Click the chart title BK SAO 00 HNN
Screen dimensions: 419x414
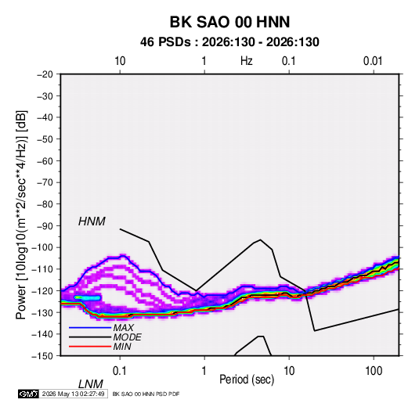tap(229, 22)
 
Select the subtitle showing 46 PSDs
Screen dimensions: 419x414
tap(229, 42)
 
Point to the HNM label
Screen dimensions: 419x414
tap(92, 221)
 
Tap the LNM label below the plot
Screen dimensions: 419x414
tap(90, 384)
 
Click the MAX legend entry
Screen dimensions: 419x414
tap(123, 328)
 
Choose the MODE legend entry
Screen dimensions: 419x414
tap(127, 337)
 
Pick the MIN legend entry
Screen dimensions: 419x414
tap(122, 347)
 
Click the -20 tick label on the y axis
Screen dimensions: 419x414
tap(45, 74)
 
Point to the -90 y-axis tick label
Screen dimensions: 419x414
tap(45, 225)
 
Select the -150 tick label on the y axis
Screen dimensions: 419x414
tap(42, 356)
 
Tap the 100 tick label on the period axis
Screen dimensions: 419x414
tap(374, 371)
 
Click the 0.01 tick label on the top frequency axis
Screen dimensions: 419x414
tap(373, 61)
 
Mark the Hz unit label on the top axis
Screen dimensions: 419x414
tap(247, 61)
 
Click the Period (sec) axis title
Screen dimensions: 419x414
tap(247, 380)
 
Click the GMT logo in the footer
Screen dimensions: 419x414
tap(28, 394)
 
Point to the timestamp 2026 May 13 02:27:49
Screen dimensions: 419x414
tap(73, 394)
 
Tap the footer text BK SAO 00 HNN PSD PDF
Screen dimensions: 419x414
tap(146, 394)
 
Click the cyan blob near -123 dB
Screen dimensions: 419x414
tap(88, 297)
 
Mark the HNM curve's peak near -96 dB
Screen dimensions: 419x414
tap(260, 239)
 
